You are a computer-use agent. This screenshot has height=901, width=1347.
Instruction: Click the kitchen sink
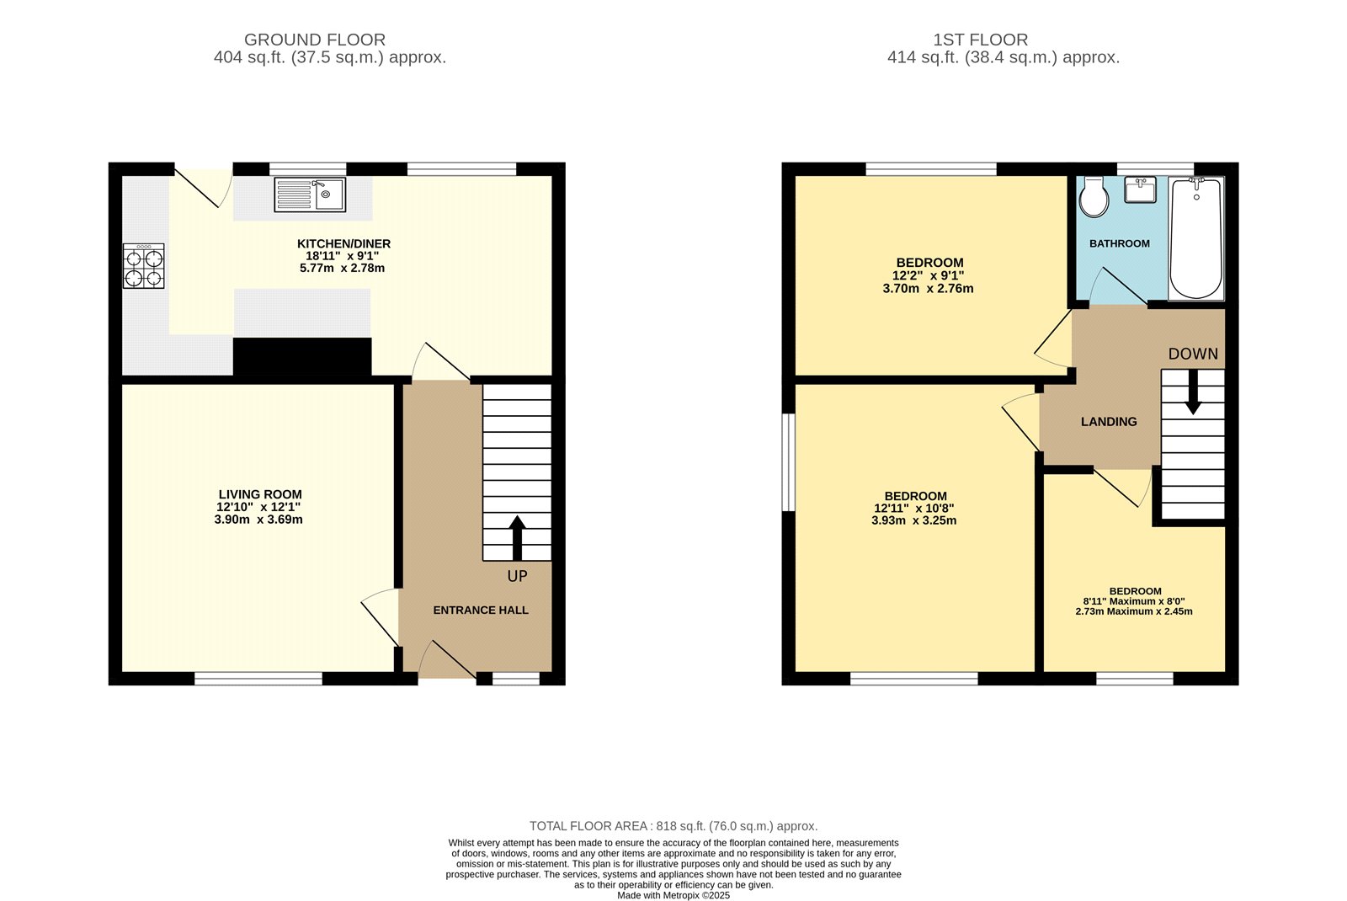click(309, 195)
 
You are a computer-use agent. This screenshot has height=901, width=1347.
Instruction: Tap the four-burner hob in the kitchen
click(143, 266)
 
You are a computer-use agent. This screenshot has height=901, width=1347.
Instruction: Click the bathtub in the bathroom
click(1195, 238)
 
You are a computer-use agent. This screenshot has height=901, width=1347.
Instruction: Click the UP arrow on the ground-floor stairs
click(517, 537)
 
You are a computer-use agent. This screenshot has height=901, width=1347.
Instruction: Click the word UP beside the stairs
click(517, 576)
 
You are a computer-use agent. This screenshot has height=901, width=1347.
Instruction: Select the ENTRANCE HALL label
click(481, 610)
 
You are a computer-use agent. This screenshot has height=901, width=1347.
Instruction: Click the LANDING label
click(1109, 422)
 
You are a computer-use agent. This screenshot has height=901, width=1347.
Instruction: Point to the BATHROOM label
click(1119, 243)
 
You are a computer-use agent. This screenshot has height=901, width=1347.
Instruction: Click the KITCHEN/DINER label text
click(343, 243)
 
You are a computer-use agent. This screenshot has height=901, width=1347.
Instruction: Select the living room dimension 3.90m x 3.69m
click(258, 520)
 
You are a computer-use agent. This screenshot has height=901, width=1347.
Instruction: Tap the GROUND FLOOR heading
click(315, 40)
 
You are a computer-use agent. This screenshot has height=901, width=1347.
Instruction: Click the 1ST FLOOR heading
click(980, 40)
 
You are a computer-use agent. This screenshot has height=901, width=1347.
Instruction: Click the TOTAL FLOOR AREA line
click(673, 826)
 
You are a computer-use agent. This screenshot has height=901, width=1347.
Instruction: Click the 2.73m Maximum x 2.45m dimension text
click(1134, 611)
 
